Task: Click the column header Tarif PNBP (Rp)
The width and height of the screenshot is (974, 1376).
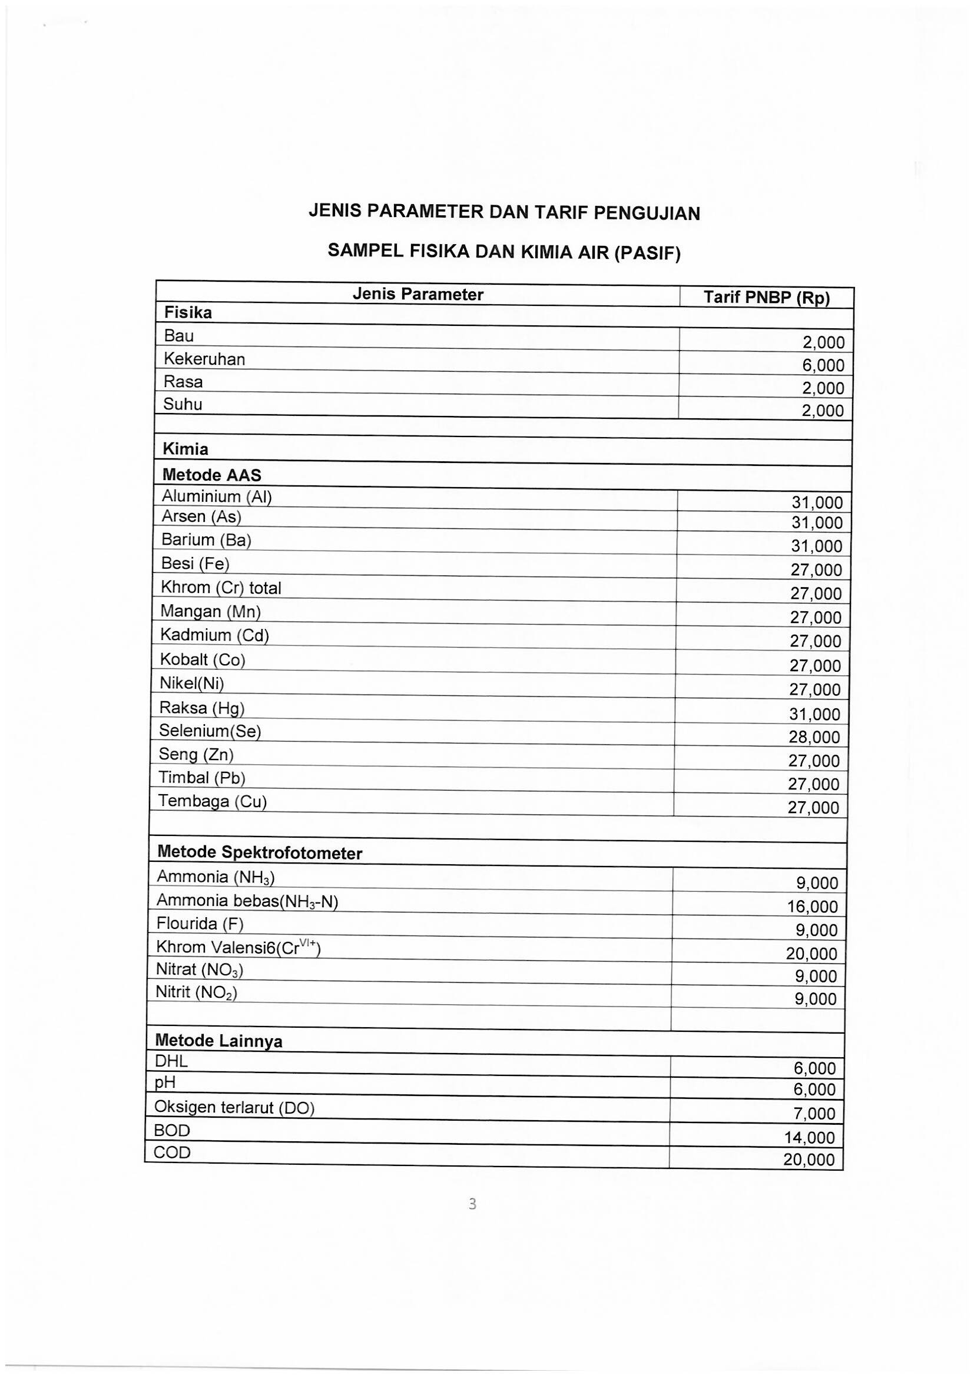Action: (x=766, y=298)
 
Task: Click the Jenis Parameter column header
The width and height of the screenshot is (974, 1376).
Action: (x=418, y=294)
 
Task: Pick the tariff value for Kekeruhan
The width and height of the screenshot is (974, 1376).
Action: (x=823, y=365)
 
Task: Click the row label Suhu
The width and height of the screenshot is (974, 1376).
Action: (x=183, y=405)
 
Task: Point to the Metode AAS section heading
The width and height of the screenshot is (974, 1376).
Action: (x=212, y=475)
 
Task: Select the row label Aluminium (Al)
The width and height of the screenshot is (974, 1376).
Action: (x=217, y=497)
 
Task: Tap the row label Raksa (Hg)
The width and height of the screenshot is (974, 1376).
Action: (x=201, y=708)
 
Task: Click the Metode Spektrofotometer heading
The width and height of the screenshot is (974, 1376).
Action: (x=259, y=853)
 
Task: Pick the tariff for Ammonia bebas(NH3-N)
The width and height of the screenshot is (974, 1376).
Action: (x=812, y=907)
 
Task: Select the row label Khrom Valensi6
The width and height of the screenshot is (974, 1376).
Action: (x=238, y=947)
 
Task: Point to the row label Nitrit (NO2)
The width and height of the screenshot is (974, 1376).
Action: (x=196, y=992)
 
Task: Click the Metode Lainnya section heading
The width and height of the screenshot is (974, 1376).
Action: (x=218, y=1041)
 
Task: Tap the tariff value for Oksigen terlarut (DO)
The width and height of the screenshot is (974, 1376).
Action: (x=814, y=1114)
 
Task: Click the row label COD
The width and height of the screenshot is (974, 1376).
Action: (x=171, y=1152)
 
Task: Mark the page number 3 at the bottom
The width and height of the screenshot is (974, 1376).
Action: (x=472, y=1204)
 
